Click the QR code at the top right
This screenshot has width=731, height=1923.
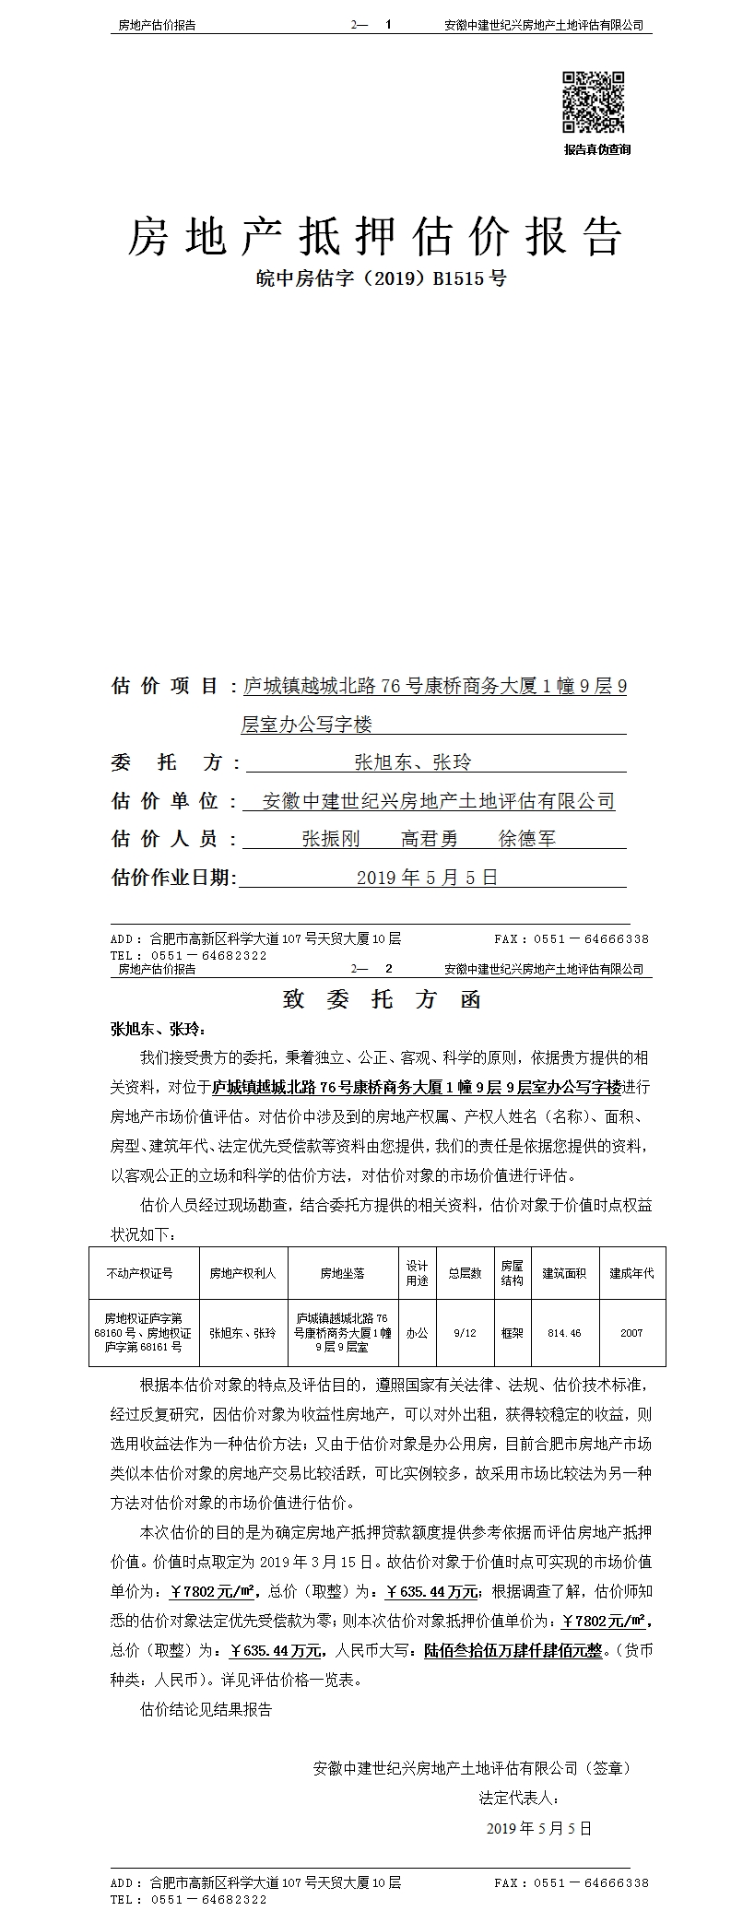[594, 102]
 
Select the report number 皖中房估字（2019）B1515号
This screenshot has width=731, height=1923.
[380, 277]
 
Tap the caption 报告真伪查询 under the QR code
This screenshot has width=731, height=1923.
[596, 149]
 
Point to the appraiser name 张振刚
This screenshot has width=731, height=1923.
[330, 839]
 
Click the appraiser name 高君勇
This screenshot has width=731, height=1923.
[429, 839]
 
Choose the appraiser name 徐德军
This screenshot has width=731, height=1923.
[527, 839]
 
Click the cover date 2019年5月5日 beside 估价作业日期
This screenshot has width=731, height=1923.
[427, 878]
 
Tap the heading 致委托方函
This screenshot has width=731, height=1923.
[382, 1000]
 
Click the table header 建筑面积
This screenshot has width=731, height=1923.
[564, 1273]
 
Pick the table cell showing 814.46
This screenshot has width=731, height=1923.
[564, 1333]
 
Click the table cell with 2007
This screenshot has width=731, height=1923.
[631, 1333]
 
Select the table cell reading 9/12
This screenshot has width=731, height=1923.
[465, 1333]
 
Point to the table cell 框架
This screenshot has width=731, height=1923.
[512, 1333]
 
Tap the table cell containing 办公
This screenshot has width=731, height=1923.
[417, 1333]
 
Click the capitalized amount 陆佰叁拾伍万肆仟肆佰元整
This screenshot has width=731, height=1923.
[513, 1650]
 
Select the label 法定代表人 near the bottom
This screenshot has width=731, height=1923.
[519, 1797]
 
